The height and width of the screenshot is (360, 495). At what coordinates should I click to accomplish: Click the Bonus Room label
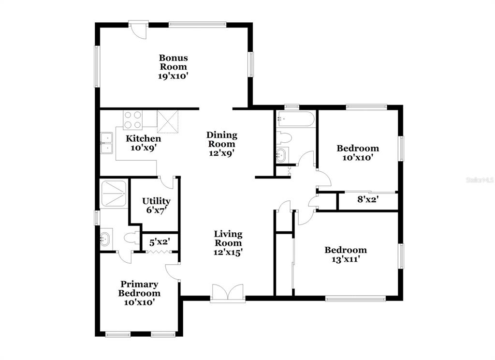[174, 62]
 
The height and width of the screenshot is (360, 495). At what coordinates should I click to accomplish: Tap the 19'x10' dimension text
[174, 76]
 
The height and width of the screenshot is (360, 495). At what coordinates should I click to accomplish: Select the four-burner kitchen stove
[132, 120]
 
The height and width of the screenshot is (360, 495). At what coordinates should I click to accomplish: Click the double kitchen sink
[107, 143]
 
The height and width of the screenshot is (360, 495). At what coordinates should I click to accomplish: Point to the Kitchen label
[143, 138]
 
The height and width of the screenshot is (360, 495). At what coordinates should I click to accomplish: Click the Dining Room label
[221, 139]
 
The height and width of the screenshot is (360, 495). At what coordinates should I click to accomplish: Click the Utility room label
[156, 201]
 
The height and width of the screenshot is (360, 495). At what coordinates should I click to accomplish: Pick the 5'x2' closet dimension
[160, 242]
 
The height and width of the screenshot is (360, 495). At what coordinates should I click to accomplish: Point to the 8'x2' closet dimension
[368, 199]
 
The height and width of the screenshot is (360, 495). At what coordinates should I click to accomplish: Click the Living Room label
[228, 239]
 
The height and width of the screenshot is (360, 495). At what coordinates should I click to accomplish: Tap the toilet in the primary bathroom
[131, 238]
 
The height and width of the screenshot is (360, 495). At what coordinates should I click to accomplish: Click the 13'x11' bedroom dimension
[346, 260]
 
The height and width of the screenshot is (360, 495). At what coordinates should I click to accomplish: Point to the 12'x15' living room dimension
[228, 253]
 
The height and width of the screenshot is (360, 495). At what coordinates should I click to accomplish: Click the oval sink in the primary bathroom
[105, 238]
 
